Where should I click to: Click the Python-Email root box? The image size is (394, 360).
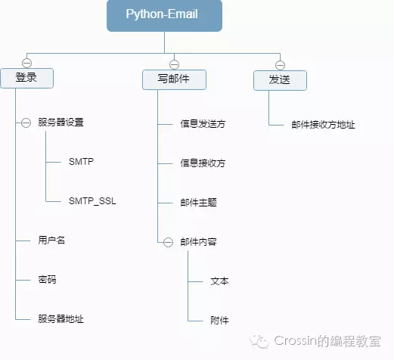[x=164, y=16]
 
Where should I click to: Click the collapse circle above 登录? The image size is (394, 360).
[x=27, y=63]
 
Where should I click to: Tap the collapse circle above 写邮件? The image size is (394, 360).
[x=174, y=64]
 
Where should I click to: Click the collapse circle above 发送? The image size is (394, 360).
[x=279, y=64]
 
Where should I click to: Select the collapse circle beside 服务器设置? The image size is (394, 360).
[x=26, y=122]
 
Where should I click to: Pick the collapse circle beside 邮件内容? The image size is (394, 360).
[x=168, y=242]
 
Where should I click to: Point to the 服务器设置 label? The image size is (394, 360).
[x=60, y=122]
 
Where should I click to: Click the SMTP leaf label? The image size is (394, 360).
[x=81, y=162]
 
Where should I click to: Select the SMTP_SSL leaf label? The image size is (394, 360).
[x=92, y=201]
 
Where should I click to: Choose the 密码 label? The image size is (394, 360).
[x=48, y=280]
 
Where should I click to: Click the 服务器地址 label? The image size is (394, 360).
[x=60, y=319]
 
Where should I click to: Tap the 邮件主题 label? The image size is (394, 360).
[x=198, y=203]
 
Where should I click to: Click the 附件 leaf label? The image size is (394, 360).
[x=219, y=320]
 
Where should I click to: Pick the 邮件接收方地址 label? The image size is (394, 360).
[x=323, y=125]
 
